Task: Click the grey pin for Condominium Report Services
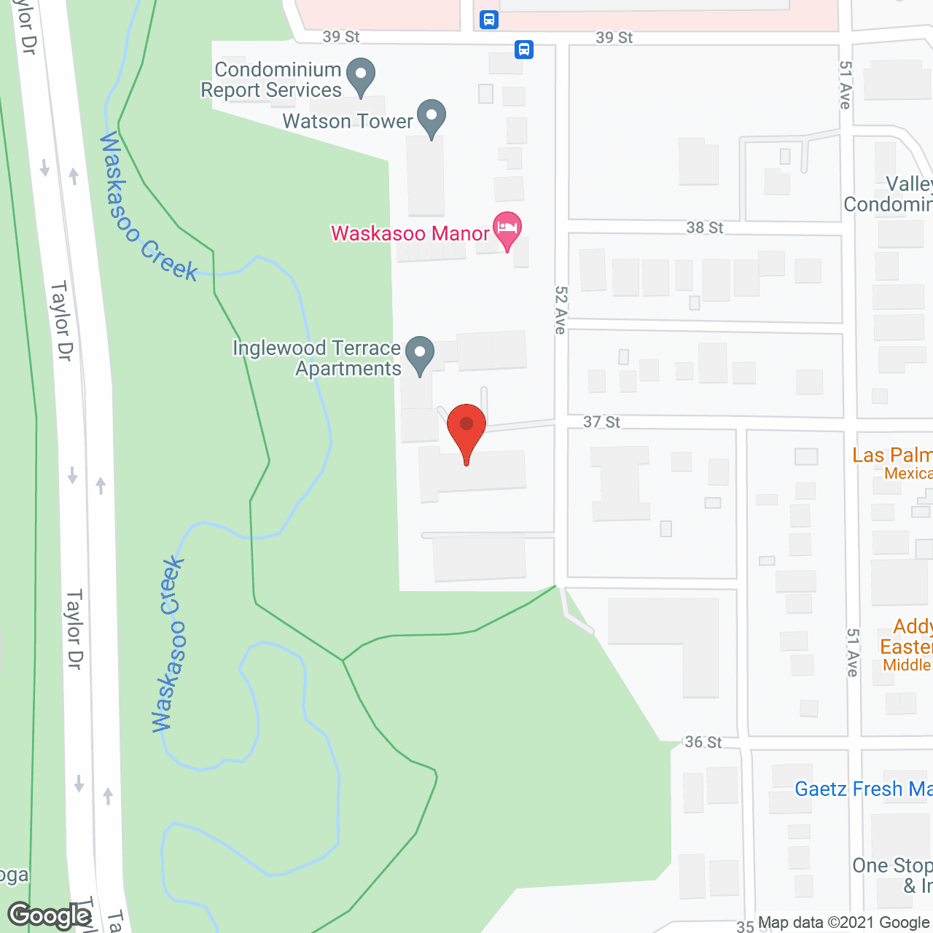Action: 360,75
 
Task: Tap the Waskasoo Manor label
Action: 410,233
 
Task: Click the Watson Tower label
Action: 348,121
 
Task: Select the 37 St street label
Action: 601,422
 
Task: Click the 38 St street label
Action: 704,227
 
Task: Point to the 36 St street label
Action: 703,742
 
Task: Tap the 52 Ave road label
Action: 561,310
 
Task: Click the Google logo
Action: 50,915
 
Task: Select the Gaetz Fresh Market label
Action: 863,789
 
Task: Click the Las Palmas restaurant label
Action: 892,456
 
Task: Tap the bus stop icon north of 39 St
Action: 489,20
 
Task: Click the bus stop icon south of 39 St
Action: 524,50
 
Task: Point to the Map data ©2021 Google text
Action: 844,923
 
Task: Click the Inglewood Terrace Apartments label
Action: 318,358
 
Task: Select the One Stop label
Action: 892,866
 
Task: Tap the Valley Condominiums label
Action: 889,194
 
